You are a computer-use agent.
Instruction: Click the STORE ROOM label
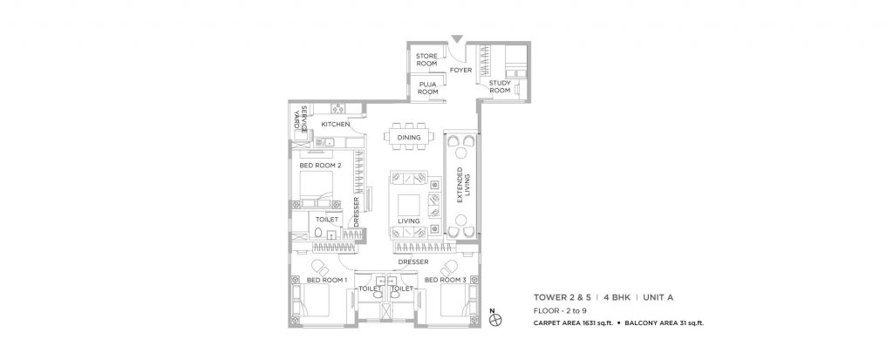[426, 59]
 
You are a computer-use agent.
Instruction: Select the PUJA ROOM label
[426, 88]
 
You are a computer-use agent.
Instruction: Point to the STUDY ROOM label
[499, 86]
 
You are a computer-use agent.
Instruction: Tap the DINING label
[409, 138]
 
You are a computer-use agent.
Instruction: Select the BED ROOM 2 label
[319, 165]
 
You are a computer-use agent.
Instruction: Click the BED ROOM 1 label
[327, 280]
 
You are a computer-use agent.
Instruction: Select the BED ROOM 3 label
[445, 280]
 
